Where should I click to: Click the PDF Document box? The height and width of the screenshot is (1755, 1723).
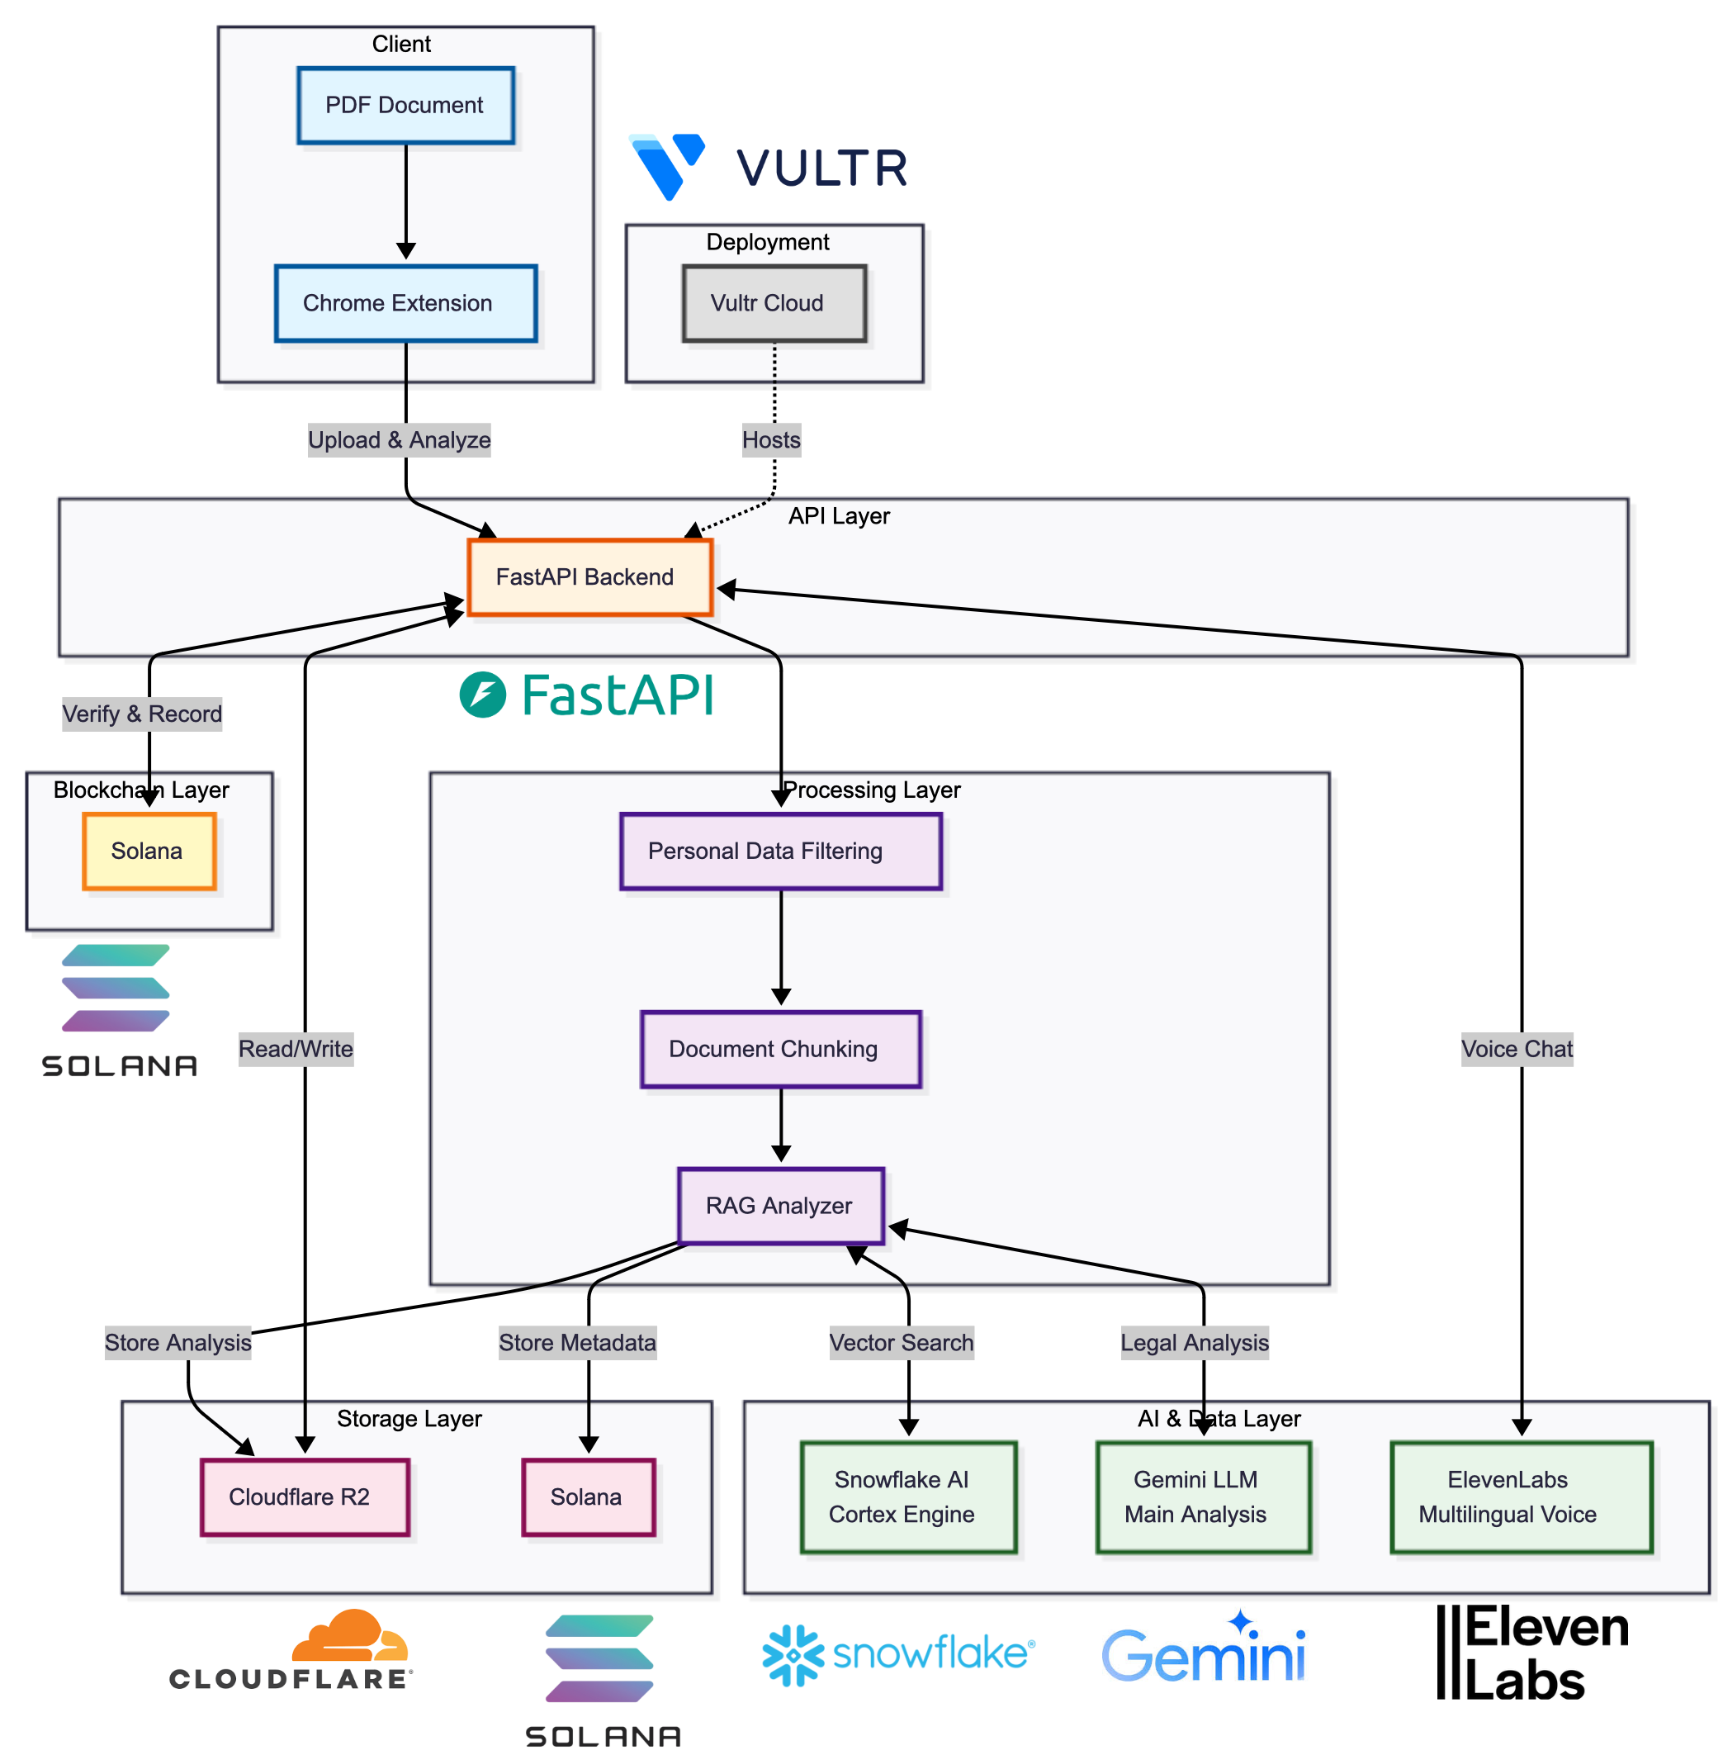click(x=405, y=105)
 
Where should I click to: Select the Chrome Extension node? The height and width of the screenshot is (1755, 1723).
click(x=405, y=303)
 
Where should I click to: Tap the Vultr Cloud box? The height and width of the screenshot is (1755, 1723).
click(x=774, y=303)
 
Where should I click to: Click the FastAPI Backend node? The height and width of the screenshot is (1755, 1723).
click(x=590, y=577)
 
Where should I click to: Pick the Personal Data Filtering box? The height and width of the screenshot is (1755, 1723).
click(x=780, y=851)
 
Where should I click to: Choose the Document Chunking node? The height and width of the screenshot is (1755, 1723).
click(x=780, y=1049)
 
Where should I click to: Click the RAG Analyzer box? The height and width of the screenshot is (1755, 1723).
click(x=780, y=1206)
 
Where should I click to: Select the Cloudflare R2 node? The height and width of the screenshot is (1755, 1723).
click(x=305, y=1497)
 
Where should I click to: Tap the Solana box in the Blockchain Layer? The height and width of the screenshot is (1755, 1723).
click(x=149, y=851)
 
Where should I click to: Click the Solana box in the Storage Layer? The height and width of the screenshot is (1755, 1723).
click(x=588, y=1497)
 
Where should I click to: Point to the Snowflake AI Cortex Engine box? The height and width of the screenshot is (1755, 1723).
click(x=908, y=1497)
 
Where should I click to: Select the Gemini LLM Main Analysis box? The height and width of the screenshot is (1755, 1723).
click(x=1203, y=1497)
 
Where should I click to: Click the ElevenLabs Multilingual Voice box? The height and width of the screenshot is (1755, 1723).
click(x=1520, y=1497)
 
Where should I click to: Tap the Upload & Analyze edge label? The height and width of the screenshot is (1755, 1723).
click(x=399, y=440)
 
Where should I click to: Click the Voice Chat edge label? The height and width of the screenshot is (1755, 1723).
click(x=1517, y=1049)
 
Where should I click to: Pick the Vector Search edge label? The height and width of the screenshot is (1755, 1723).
click(x=902, y=1342)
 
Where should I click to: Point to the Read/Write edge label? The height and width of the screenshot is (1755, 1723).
click(x=296, y=1049)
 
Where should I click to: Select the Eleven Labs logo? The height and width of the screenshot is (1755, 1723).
click(x=1532, y=1653)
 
